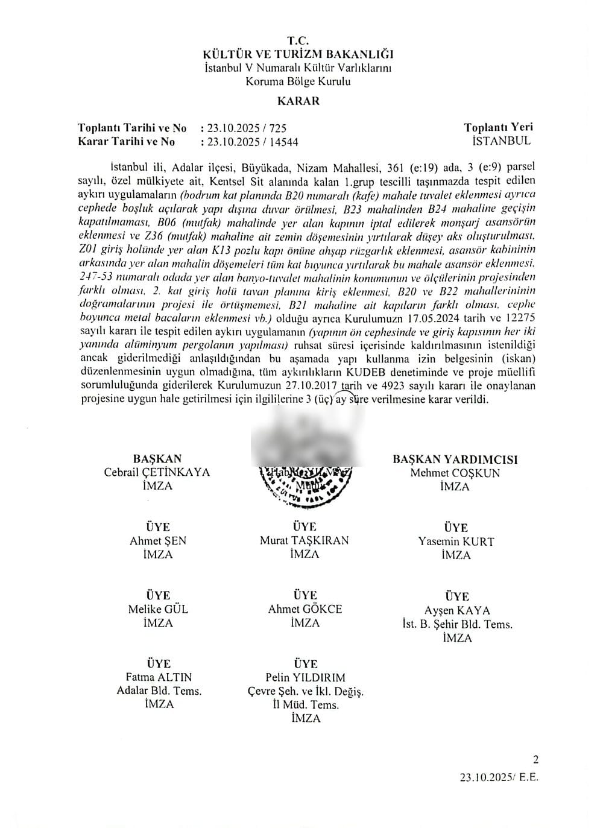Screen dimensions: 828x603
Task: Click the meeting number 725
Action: (x=277, y=128)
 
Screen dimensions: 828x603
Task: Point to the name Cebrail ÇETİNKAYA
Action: (x=157, y=472)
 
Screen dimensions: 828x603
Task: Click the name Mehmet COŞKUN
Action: (x=455, y=473)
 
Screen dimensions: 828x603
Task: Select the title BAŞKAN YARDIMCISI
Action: (x=455, y=459)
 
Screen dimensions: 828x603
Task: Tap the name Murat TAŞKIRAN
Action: (x=304, y=540)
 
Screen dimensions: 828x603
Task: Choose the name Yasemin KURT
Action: (x=456, y=541)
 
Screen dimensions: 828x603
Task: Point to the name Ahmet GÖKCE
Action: (x=305, y=609)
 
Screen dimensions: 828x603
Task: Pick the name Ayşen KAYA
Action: (x=456, y=610)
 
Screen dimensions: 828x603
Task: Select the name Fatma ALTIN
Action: (x=159, y=677)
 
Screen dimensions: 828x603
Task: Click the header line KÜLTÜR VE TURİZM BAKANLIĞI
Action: (x=298, y=55)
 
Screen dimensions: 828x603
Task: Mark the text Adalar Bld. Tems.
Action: (x=159, y=691)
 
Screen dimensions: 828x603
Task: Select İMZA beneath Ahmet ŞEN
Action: (x=158, y=554)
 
